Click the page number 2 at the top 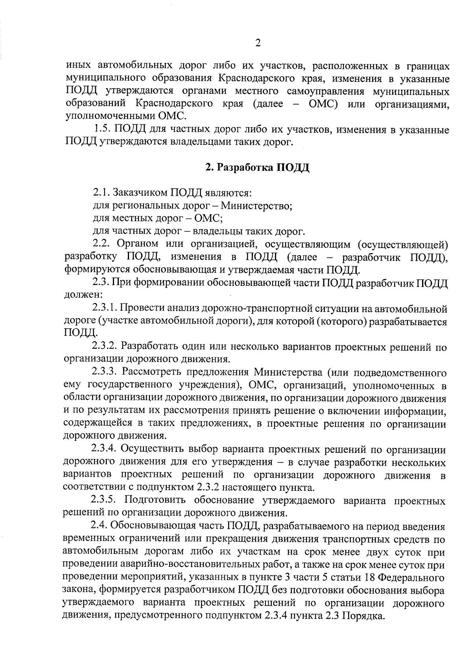pyautogui.click(x=258, y=43)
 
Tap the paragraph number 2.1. pyautogui.click(x=101, y=193)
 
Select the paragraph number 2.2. pyautogui.click(x=101, y=244)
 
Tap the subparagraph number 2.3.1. pyautogui.click(x=104, y=308)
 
